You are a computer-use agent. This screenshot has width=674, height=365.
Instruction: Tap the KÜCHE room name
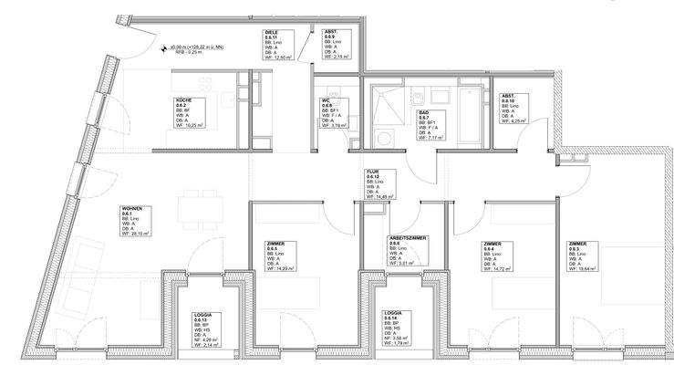point(183,100)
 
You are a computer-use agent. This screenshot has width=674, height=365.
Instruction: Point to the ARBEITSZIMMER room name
point(409,237)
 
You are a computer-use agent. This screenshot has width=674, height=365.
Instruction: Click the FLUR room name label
point(372,172)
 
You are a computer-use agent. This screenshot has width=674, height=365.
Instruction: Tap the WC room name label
point(325,99)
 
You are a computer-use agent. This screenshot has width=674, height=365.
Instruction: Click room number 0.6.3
point(575,248)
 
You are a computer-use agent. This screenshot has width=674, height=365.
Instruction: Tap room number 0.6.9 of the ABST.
point(330,36)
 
